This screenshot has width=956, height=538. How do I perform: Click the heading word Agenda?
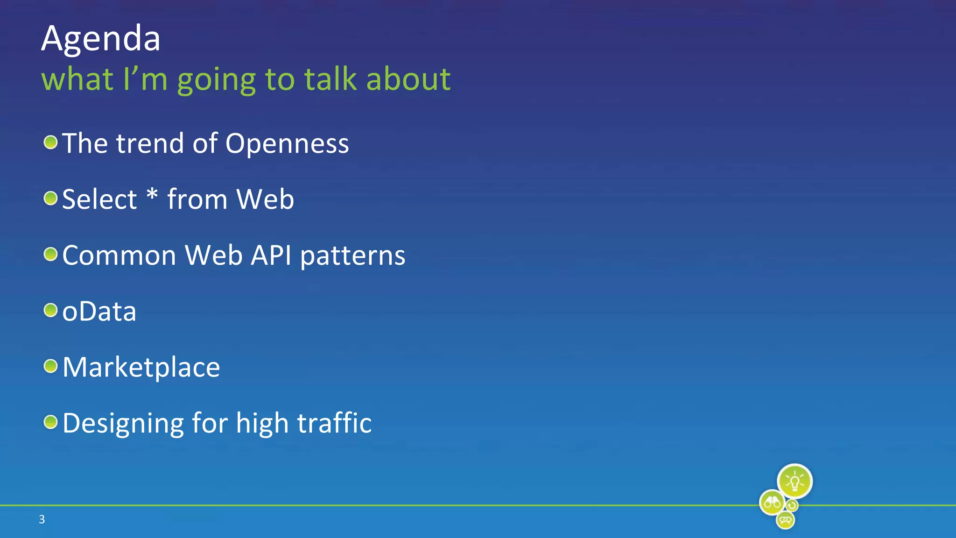[x=101, y=39]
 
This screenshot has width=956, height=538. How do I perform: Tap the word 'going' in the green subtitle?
[x=216, y=80]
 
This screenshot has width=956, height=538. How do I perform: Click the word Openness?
[x=287, y=143]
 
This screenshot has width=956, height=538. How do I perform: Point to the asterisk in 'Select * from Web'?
[x=152, y=194]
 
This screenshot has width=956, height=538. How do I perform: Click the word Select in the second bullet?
[x=99, y=199]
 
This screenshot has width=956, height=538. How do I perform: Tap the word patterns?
[x=352, y=256]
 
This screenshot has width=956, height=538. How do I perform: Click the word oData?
[x=99, y=311]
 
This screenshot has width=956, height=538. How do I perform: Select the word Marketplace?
[x=141, y=368]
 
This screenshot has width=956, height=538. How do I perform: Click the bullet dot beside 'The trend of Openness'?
[x=50, y=142]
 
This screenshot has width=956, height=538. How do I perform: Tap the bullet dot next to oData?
[x=50, y=310]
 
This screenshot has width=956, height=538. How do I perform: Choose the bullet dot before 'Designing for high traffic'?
[x=50, y=422]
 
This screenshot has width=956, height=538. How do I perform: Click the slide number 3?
[x=42, y=519]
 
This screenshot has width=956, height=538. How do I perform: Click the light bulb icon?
[x=794, y=481]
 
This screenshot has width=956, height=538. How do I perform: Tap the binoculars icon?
[x=772, y=503]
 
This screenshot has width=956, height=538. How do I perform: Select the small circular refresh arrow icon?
[x=792, y=506]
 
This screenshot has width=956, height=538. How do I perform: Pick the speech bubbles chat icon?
[x=785, y=519]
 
